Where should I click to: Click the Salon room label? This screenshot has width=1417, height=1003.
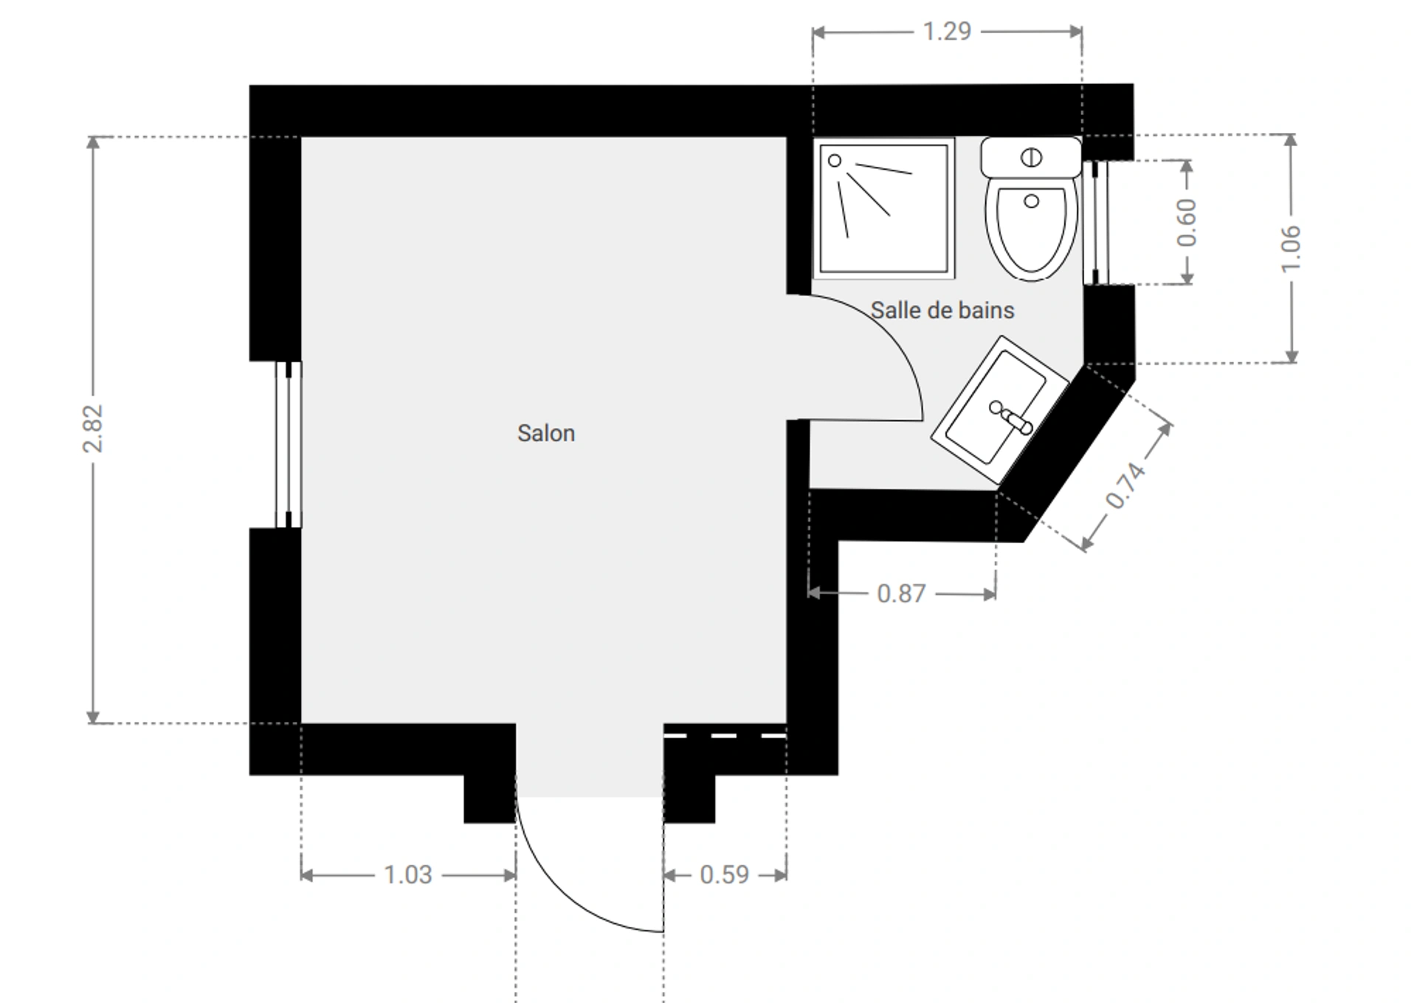(546, 433)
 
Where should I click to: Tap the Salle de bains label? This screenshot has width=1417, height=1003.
(942, 310)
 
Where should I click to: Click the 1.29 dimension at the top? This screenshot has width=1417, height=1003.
(947, 32)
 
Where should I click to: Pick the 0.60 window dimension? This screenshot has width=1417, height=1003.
(1186, 222)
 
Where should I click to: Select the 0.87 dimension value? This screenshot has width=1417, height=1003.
(901, 593)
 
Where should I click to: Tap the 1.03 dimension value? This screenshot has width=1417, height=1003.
(407, 875)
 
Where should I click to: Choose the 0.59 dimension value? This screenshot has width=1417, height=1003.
(724, 875)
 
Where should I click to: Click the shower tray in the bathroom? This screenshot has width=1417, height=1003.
(883, 209)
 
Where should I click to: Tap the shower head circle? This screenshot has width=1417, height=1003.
(835, 160)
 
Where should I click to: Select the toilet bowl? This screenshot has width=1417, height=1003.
(1031, 230)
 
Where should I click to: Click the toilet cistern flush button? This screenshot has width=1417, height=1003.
(1031, 157)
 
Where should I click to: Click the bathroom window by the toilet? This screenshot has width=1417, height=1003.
(1095, 222)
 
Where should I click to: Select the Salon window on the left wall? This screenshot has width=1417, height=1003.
(289, 444)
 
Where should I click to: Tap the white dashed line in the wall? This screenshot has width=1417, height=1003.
(725, 736)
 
